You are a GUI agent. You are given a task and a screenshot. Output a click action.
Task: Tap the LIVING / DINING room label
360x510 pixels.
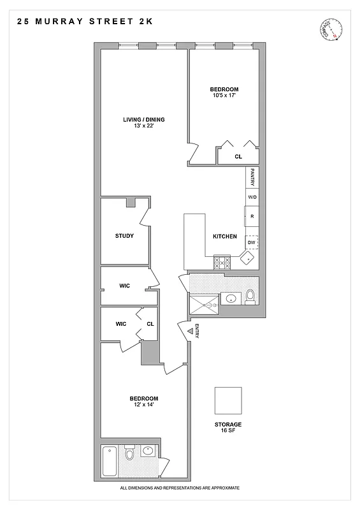pyautogui.click(x=144, y=119)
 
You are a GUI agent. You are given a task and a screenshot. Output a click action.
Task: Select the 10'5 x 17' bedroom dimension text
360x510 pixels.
pyautogui.click(x=224, y=96)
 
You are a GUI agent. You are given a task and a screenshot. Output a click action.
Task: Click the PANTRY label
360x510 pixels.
pyautogui.click(x=253, y=176)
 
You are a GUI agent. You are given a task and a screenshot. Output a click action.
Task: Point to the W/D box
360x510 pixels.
pyautogui.click(x=252, y=198)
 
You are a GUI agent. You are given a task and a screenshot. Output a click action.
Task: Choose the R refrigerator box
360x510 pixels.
pyautogui.click(x=252, y=217)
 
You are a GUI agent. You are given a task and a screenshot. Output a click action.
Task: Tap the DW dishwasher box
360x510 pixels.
pyautogui.click(x=252, y=242)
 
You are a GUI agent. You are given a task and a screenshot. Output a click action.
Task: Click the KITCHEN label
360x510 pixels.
pyautogui.click(x=225, y=237)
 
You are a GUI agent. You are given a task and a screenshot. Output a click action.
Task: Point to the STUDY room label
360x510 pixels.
pyautogui.click(x=124, y=236)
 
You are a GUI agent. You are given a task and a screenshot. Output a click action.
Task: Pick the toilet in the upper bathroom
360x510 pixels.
pyautogui.click(x=250, y=296)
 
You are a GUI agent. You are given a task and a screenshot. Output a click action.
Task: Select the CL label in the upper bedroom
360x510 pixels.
pyautogui.click(x=238, y=156)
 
